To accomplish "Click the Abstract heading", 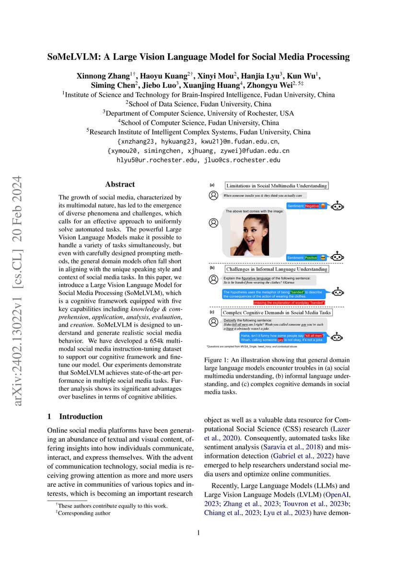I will [x=120, y=184].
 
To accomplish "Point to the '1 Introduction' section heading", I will [x=75, y=416].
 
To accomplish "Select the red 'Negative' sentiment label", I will [x=312, y=206].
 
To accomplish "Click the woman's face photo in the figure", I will [x=249, y=234].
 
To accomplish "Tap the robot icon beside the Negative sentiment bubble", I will [x=338, y=206].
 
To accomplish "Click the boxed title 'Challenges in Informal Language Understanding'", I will [x=277, y=269].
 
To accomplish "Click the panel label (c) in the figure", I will [x=212, y=312].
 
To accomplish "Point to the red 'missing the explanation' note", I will [x=289, y=303].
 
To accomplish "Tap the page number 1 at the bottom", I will [x=198, y=532].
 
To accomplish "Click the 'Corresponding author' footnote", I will [x=84, y=513].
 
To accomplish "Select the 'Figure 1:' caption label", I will [x=218, y=360].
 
